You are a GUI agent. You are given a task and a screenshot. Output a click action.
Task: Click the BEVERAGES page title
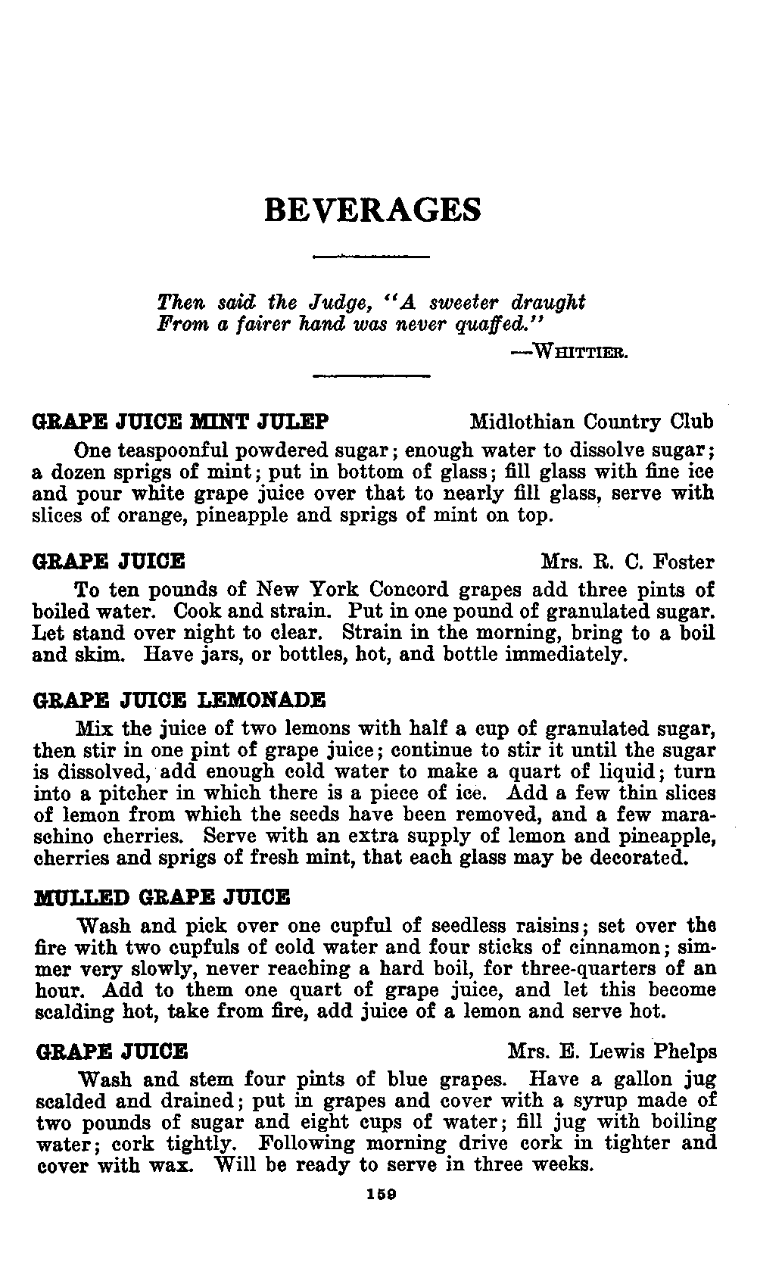[372, 210]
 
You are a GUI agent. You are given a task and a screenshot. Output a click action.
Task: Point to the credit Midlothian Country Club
[591, 421]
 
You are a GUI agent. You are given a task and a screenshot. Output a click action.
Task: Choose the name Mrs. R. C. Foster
[628, 562]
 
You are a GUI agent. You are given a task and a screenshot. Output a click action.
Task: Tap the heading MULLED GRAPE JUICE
[162, 897]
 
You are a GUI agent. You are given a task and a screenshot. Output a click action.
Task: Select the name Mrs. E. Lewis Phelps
[612, 1052]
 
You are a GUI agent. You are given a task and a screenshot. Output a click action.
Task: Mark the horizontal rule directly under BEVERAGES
[371, 257]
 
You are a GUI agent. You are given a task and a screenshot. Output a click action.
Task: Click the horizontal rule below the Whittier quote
[371, 375]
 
